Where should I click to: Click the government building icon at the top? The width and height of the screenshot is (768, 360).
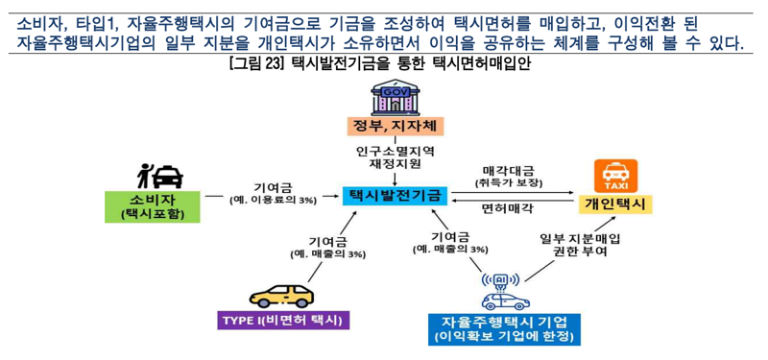(x=396, y=97)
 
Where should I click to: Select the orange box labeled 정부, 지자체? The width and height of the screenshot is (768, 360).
(x=396, y=127)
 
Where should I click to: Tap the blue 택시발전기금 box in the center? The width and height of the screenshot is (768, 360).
(x=396, y=195)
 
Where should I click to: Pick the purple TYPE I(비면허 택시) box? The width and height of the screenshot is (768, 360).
(x=282, y=320)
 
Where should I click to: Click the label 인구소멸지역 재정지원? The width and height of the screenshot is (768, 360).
(x=396, y=157)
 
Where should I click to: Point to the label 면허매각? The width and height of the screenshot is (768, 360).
(x=508, y=206)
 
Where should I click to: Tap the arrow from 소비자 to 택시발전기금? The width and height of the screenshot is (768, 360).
(x=272, y=196)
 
